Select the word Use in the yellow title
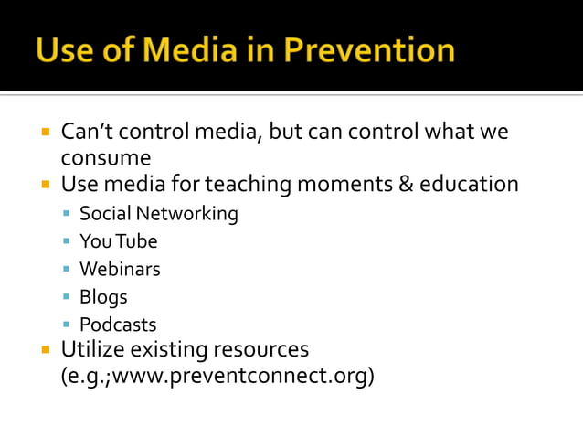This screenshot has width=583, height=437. point(65,49)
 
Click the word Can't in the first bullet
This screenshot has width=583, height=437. point(89,132)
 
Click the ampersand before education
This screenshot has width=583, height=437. point(405,185)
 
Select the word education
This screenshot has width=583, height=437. point(469,185)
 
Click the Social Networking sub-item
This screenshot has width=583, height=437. point(158,214)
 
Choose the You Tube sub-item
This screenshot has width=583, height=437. point(118,241)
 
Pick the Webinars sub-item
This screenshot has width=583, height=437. point(120,269)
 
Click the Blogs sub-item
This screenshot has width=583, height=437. point(103,297)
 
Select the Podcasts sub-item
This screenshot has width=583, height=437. point(118,325)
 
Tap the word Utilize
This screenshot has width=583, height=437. point(94,349)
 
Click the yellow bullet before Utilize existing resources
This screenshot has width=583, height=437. point(45,349)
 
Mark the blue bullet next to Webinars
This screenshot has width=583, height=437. point(67,269)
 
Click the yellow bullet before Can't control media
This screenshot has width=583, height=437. point(45,132)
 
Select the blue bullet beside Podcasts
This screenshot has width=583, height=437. point(67,325)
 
